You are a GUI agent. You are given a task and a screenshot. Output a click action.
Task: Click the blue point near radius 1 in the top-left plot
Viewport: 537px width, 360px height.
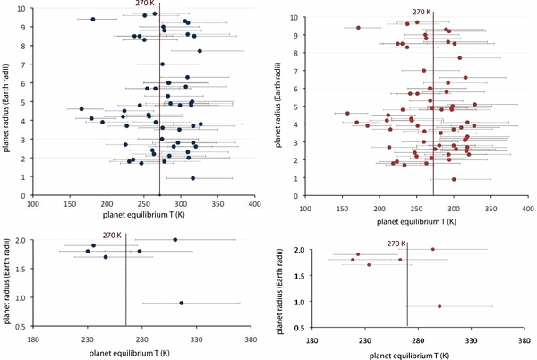pos(192,177)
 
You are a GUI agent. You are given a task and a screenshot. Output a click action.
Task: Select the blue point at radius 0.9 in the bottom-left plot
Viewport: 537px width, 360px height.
pos(181,303)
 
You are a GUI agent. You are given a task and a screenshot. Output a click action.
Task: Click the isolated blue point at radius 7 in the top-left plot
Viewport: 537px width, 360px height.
pos(162,64)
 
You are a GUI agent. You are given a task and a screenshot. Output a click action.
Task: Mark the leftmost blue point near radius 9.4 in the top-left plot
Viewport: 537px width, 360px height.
pos(93,19)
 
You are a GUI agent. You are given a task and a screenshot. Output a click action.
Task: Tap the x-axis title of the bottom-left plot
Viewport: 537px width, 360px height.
pos(141,352)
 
